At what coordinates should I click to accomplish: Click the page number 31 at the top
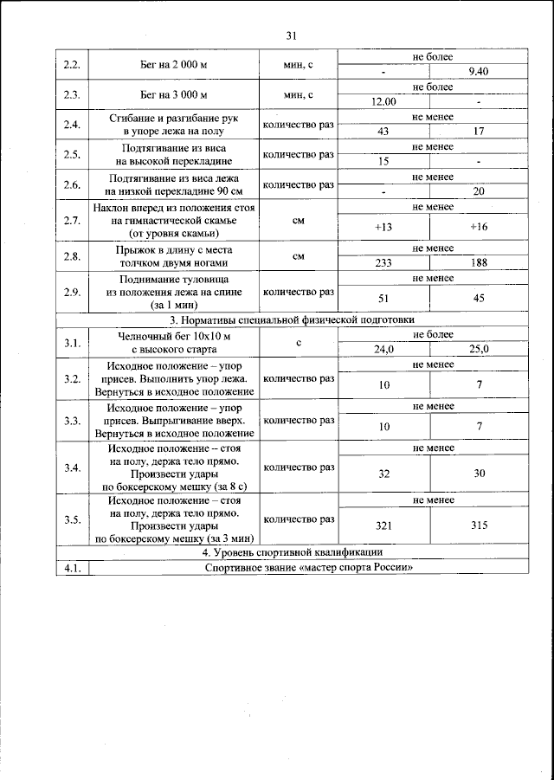[291, 35]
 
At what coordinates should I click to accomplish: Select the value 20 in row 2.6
[478, 191]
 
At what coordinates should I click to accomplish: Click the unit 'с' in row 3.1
[298, 343]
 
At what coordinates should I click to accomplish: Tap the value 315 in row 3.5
[478, 525]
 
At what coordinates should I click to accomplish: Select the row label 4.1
[72, 567]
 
